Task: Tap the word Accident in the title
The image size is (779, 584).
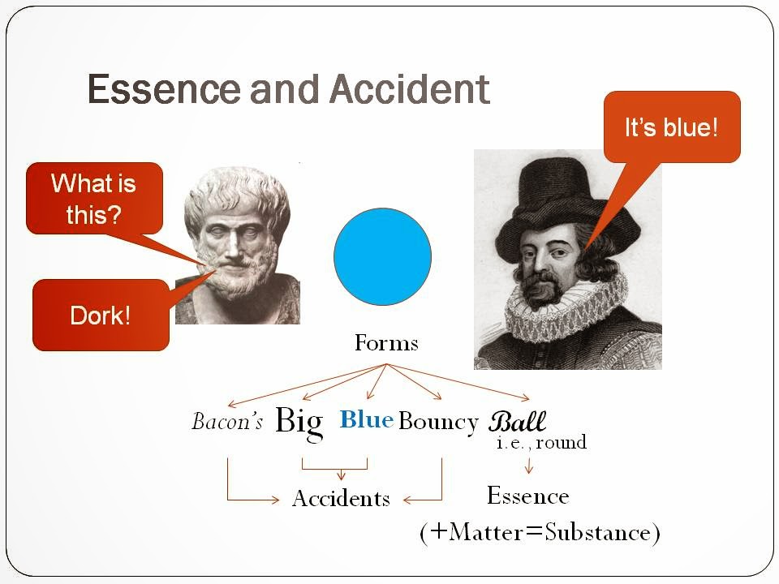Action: tap(411, 89)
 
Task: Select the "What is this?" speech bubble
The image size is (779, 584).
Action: tap(94, 198)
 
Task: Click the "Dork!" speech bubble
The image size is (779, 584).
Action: tap(101, 315)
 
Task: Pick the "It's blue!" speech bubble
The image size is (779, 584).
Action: tap(672, 127)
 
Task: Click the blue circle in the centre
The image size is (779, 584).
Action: tap(382, 256)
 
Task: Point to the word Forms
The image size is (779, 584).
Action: tap(386, 343)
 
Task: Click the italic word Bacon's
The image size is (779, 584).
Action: tap(227, 421)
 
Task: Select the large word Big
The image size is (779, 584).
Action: tap(299, 423)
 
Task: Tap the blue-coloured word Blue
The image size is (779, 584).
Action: tap(367, 419)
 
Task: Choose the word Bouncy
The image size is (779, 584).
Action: tap(438, 422)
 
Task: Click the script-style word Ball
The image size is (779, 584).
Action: tap(517, 422)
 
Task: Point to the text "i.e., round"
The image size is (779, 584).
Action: tap(541, 442)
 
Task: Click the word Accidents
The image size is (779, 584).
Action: tap(342, 499)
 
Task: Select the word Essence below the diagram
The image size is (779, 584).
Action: tap(528, 496)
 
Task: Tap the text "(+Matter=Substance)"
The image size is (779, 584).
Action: tap(540, 533)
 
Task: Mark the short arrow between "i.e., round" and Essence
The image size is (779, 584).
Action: tap(528, 466)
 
